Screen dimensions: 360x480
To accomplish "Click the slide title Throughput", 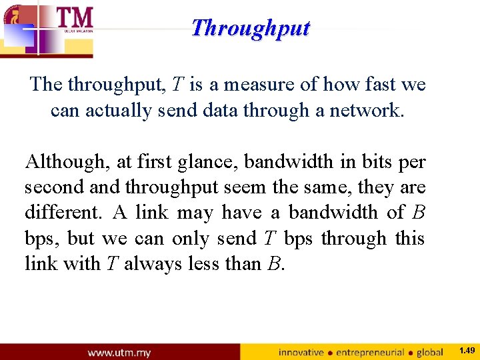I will coord(250,28).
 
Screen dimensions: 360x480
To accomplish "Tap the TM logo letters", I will coord(74,17).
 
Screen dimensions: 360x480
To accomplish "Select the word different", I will coord(61,213).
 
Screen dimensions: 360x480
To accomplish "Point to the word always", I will coord(151,263).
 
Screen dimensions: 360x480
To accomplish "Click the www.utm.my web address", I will coord(119,352).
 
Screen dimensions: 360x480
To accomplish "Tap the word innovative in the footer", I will coord(301,352).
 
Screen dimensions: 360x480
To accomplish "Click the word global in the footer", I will coord(430,352).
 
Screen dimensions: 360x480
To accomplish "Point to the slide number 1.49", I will coord(467,351).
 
